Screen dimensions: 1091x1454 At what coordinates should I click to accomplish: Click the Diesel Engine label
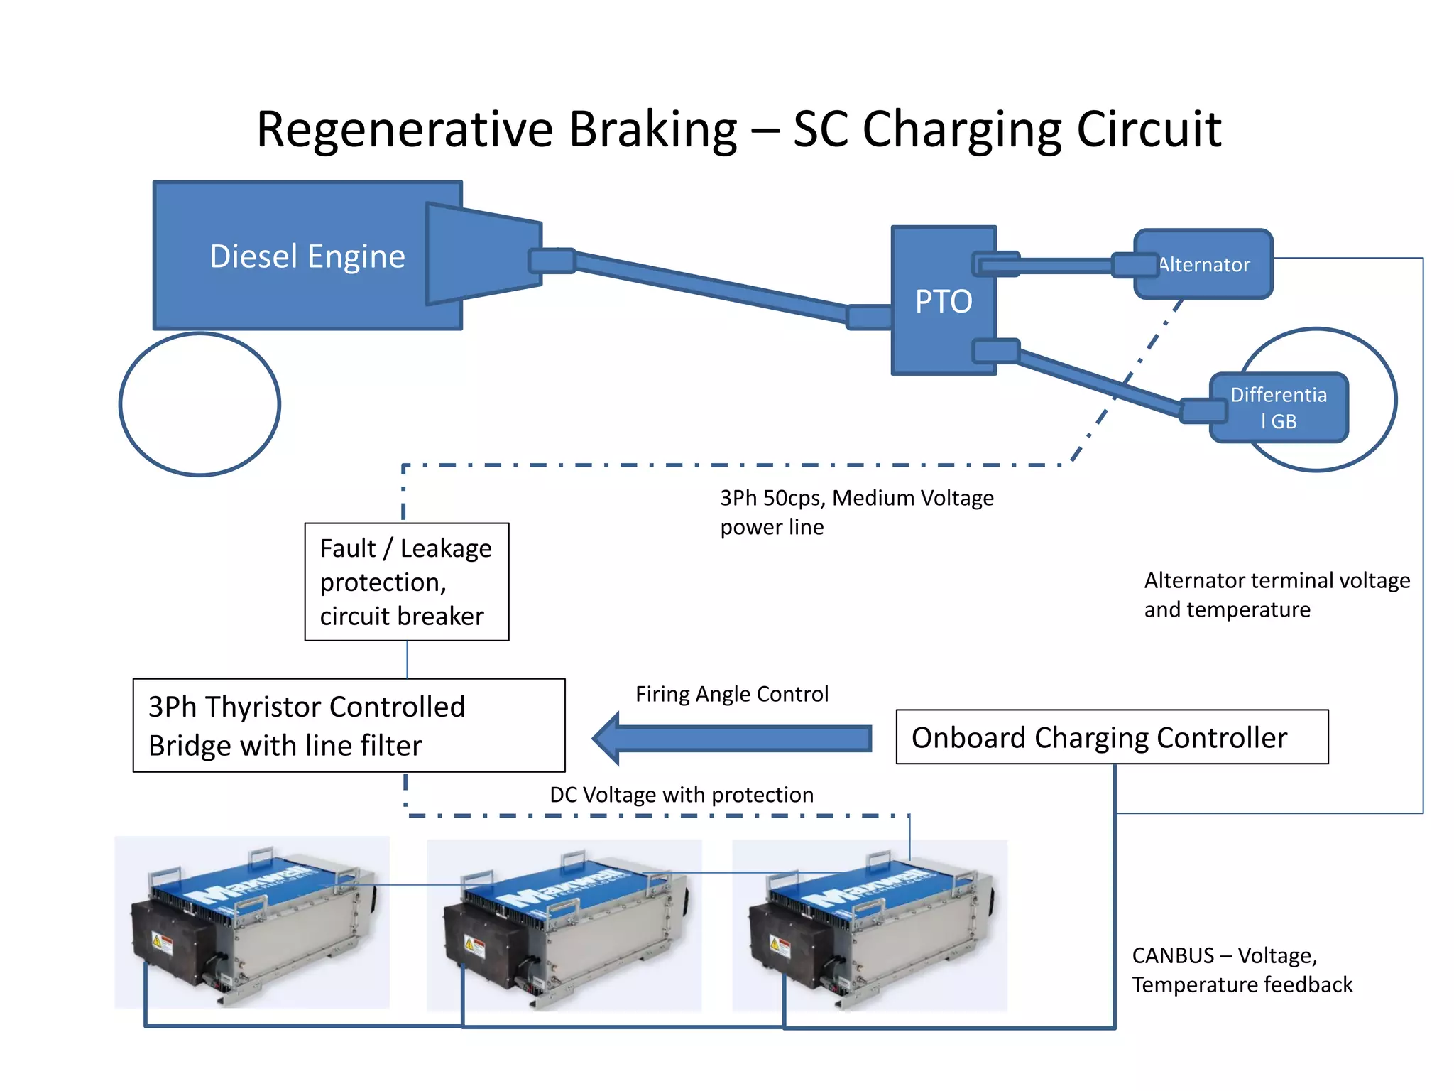coord(307,256)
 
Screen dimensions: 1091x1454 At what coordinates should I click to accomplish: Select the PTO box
coord(943,301)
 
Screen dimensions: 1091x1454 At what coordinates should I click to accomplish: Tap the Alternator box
coord(1204,264)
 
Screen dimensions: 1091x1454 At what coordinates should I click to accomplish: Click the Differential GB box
coord(1278,408)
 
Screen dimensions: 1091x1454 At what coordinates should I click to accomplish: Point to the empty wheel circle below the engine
coord(199,404)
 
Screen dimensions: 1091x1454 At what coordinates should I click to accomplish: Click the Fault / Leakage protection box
coord(406,582)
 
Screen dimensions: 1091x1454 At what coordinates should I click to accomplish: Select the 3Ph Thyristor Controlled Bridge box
coord(349,725)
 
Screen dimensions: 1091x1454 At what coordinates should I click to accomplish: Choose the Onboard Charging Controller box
coord(1111,737)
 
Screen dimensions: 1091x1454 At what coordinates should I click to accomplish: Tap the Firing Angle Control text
coord(731,694)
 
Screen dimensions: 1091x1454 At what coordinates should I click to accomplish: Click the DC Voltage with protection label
coord(681,795)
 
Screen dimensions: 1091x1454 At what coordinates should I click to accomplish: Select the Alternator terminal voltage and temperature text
coord(1276,595)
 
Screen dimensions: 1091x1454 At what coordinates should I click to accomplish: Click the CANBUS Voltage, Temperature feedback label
coord(1241,970)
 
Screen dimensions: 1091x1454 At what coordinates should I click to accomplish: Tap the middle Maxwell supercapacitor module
coord(564,925)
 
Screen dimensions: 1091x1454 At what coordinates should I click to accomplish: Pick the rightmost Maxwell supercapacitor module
coord(869,925)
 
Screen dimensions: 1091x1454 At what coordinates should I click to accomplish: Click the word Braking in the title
coord(652,129)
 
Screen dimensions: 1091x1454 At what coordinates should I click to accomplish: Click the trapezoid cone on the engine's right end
coord(483,254)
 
